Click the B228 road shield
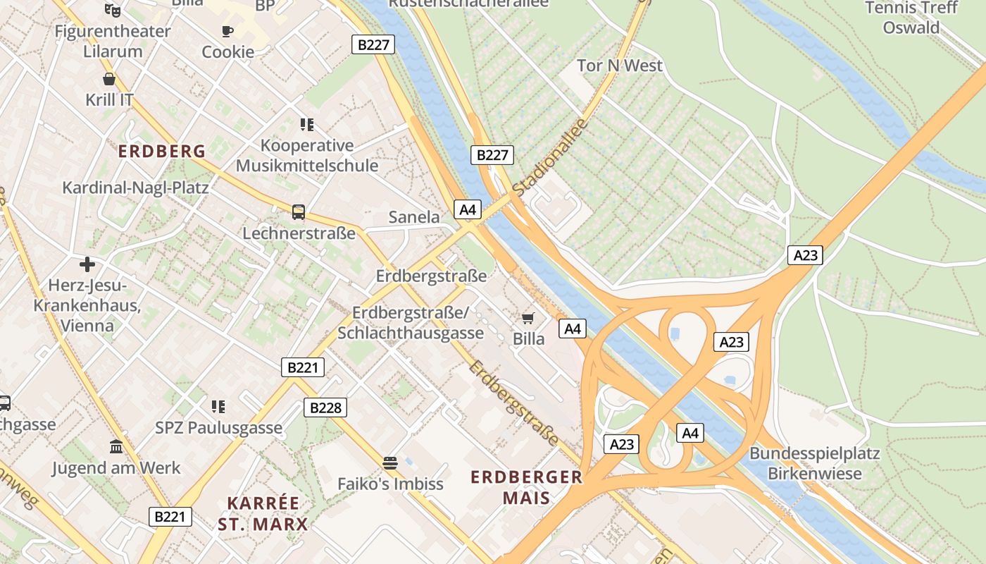pos(325,407)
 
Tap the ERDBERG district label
pos(162,151)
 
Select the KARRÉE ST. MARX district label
pos(263,514)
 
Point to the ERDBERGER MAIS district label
pos(527,487)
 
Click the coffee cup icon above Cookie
pos(227,31)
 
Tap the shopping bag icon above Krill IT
pos(109,78)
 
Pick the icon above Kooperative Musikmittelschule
pos(306,125)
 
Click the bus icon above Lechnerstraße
pos(299,211)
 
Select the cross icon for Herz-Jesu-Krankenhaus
pos(87,264)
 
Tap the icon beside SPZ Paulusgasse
pos(218,406)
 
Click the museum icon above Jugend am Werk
pos(116,446)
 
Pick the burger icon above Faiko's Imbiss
pos(390,462)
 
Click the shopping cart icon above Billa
pos(528,318)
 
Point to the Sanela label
pos(414,216)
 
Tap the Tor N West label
pos(620,66)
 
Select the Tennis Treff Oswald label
pos(911,18)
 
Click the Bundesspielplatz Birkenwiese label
pos(814,463)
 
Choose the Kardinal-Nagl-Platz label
pos(135,188)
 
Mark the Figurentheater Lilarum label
pos(113,41)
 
